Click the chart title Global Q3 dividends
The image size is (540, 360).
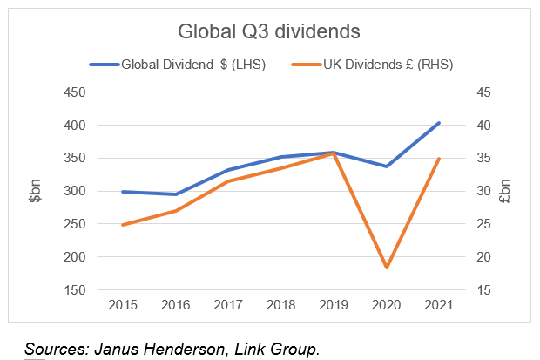click(x=269, y=32)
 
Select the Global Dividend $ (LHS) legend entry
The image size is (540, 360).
click(x=192, y=64)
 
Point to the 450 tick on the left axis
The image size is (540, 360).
click(x=74, y=92)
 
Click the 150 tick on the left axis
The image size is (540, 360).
click(x=74, y=289)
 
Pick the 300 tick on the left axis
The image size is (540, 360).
click(x=74, y=191)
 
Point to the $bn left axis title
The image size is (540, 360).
click(x=34, y=192)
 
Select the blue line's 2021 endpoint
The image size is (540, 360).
click(x=438, y=123)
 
